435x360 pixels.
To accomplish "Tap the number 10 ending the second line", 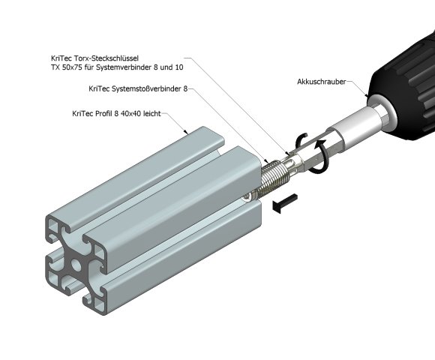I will (179, 67).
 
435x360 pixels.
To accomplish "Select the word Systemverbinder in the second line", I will (124, 67).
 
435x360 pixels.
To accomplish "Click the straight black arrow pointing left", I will (286, 202).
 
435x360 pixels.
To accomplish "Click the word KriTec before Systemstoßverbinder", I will (99, 89).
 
